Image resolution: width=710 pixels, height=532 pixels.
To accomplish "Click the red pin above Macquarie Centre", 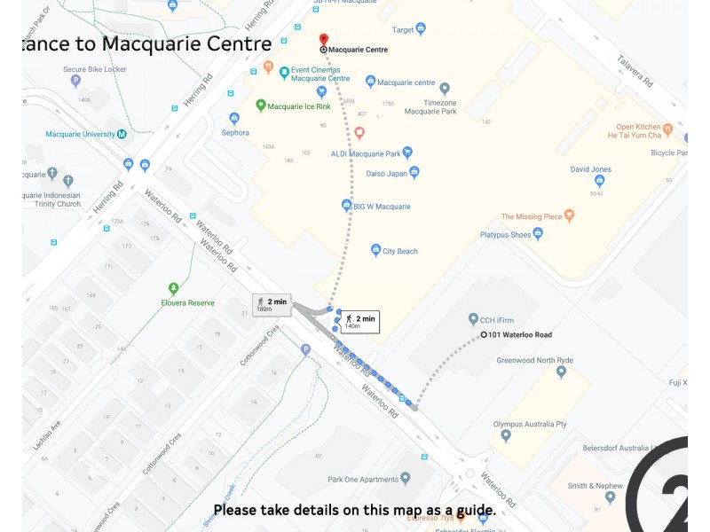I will point(323,39).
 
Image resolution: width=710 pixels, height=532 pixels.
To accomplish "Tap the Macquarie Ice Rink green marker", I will point(261,106).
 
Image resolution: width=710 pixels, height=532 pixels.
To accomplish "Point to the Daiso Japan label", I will point(386,174).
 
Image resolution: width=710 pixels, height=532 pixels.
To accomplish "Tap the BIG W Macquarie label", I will point(382,207).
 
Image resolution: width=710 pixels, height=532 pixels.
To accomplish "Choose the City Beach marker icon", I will point(376,250).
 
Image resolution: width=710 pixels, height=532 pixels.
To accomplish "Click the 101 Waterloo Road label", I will point(520,335).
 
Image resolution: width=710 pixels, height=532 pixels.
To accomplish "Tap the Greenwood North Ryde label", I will point(535,360).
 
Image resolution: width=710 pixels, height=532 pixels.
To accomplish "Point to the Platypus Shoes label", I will point(505,235).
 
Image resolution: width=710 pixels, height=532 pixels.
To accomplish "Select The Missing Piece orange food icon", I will point(569,215).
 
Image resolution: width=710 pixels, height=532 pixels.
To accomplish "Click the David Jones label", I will point(590,168).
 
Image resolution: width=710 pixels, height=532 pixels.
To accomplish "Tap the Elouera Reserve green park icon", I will point(173,288).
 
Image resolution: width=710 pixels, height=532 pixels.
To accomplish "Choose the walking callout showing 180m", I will point(271,304).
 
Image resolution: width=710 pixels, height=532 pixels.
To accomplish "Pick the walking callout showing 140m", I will point(359,321).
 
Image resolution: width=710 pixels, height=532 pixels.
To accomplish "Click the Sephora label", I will point(235,133).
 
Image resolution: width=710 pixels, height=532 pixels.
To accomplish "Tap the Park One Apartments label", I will point(363,480).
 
